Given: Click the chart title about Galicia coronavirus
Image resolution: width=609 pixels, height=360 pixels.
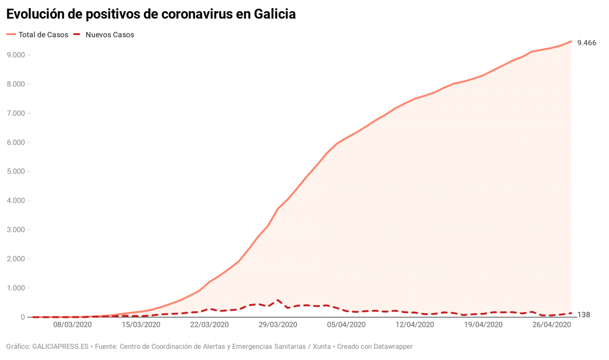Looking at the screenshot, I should pyautogui.click(x=151, y=14).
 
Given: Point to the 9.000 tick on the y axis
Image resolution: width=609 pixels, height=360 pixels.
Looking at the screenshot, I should pyautogui.click(x=16, y=55).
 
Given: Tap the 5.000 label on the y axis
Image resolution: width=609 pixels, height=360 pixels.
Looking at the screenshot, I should pyautogui.click(x=16, y=171).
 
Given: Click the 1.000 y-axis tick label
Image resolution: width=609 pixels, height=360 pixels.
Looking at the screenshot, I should pyautogui.click(x=16, y=288).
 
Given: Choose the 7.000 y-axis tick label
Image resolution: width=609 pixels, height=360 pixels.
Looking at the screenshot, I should pyautogui.click(x=16, y=113).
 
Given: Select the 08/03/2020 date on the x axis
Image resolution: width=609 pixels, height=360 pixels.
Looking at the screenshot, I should pyautogui.click(x=73, y=324).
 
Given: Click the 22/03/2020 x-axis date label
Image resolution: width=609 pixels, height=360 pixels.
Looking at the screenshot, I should pyautogui.click(x=209, y=324).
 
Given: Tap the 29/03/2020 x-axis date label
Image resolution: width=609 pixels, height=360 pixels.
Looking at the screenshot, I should pyautogui.click(x=278, y=324).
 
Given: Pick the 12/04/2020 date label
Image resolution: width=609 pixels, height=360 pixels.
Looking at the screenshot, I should pyautogui.click(x=414, y=324).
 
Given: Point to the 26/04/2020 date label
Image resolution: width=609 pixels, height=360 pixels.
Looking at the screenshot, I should pyautogui.click(x=551, y=324).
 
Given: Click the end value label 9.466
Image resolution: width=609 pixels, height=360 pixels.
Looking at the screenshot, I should pyautogui.click(x=587, y=43).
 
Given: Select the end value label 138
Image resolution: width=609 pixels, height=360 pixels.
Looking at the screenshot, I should pyautogui.click(x=584, y=315).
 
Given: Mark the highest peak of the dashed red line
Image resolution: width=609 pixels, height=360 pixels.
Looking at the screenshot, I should pyautogui.click(x=278, y=300).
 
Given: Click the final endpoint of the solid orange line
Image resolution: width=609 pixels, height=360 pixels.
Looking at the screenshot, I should pyautogui.click(x=571, y=41).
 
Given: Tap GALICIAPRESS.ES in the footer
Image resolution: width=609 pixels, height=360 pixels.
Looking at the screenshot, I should pyautogui.click(x=60, y=347).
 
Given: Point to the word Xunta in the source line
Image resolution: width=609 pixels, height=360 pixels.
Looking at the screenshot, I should pyautogui.click(x=320, y=347).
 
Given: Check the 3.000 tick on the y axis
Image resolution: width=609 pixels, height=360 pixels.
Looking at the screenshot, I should pyautogui.click(x=16, y=230).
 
